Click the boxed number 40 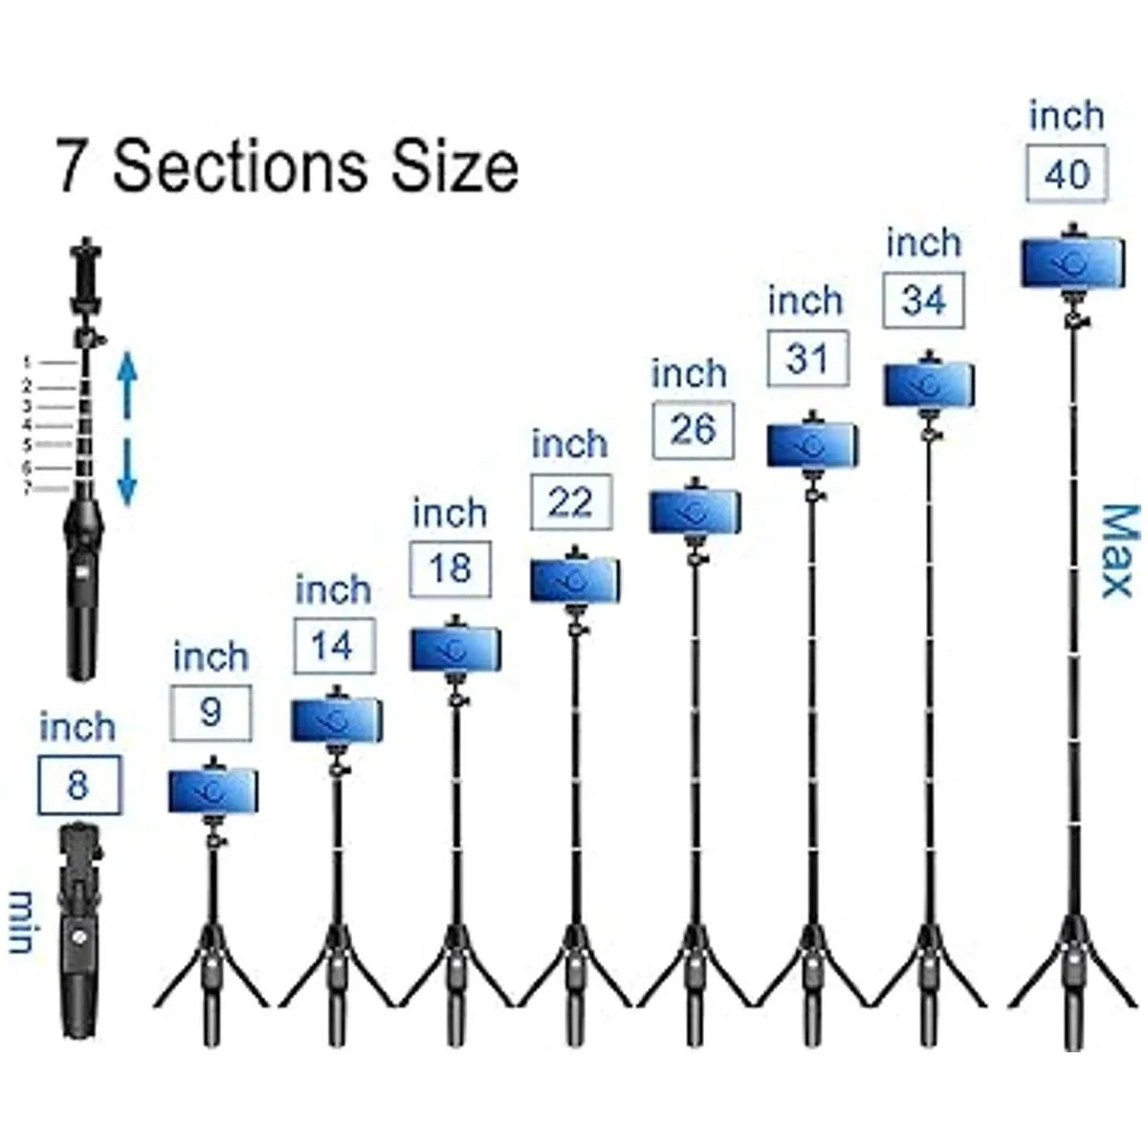coord(1066,173)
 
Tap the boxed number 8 coord(79,784)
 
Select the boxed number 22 coord(571,501)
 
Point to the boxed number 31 coord(807,358)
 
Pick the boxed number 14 coord(334,646)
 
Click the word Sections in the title coord(239,165)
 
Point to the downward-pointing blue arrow coord(125,473)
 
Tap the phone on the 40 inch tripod coord(1073,261)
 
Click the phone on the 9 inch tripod coord(213,790)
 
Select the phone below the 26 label coord(695,511)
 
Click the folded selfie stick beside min coord(81,933)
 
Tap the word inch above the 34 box coord(924,244)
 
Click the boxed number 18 coord(451,568)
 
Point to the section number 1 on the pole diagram coord(26,362)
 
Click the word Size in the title coord(454,165)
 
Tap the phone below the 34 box coord(929,385)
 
